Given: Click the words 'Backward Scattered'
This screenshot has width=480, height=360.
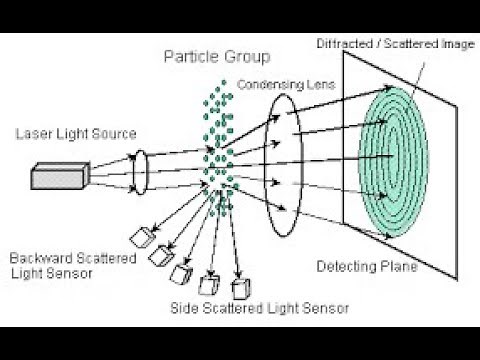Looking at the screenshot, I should tap(62, 254).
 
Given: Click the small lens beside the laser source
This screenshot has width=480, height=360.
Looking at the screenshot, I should tap(139, 169).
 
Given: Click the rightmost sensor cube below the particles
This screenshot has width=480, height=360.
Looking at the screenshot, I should tap(240, 289).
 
